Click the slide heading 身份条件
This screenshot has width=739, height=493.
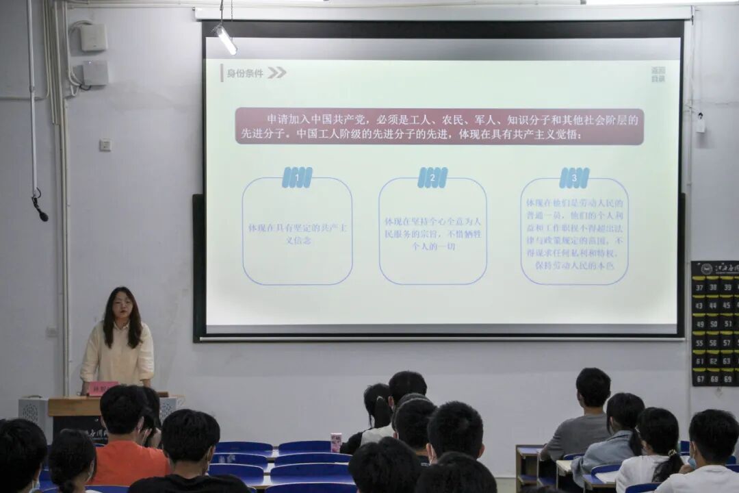point(245,73)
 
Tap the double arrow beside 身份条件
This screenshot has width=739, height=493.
point(276,73)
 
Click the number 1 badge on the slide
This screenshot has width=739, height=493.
point(297,177)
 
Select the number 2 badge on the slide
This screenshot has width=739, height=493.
point(432,177)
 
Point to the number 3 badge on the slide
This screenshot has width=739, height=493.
point(574,178)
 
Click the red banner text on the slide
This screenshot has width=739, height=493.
point(439,127)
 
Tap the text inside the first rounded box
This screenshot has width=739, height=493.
point(297,233)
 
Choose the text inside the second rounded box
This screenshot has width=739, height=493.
point(432,233)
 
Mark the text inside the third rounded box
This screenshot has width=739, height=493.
point(574,233)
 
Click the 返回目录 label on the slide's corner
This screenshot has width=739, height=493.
point(658,75)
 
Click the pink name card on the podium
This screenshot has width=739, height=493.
point(103,388)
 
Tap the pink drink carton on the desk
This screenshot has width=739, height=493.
point(336,442)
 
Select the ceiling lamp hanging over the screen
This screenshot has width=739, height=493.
point(225,39)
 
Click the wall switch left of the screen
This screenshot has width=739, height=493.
point(105,145)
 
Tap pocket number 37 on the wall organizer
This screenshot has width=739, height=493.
point(699,288)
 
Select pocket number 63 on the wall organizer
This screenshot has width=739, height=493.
point(727,359)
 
